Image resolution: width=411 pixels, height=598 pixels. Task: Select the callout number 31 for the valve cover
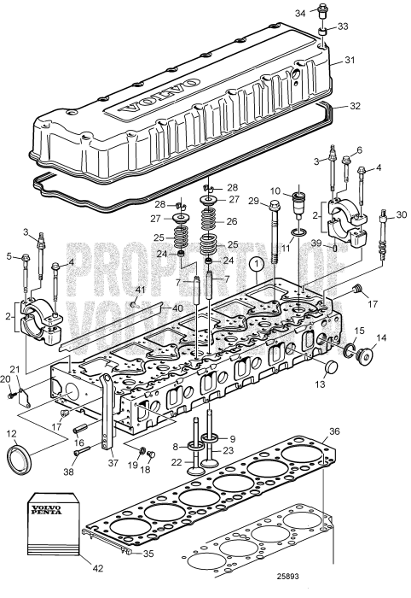tap(348, 61)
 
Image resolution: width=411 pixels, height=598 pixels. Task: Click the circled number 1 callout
tap(253, 265)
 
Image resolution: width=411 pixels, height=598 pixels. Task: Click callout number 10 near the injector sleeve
tap(275, 190)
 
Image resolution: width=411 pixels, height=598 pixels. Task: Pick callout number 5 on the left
tap(11, 255)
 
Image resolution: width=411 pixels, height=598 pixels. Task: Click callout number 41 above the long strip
tap(142, 291)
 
